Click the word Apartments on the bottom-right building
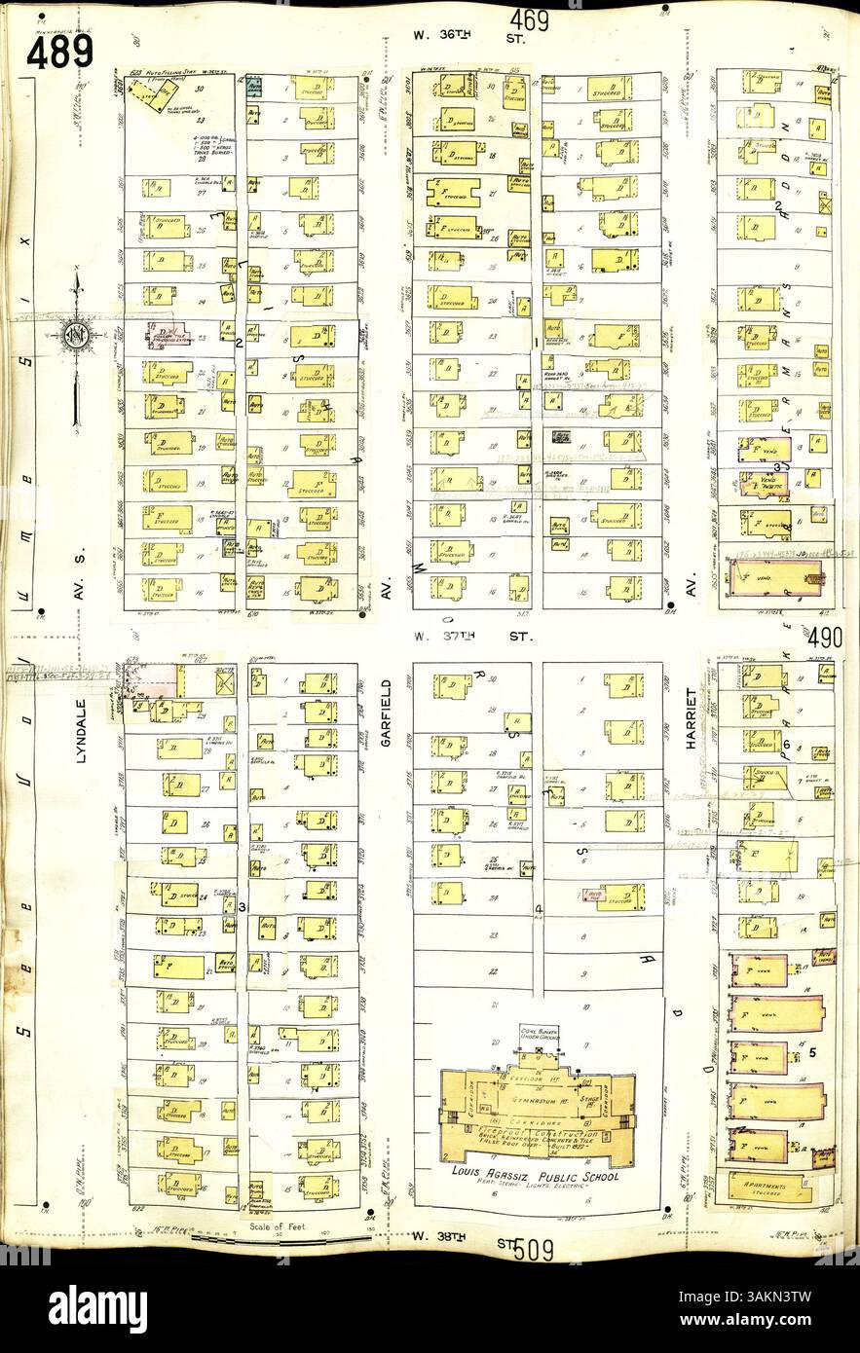pos(761,1181)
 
